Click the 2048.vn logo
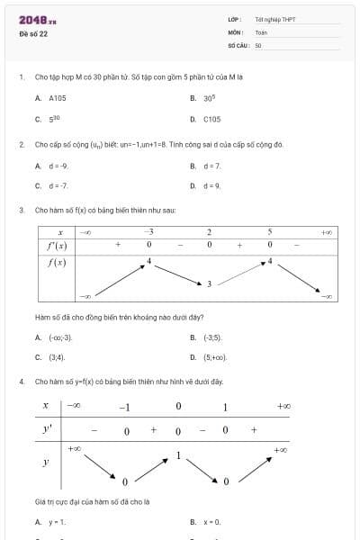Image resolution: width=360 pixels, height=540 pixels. [38, 20]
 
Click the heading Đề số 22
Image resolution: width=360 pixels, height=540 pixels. [33, 34]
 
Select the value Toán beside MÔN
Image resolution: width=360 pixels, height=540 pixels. [260, 32]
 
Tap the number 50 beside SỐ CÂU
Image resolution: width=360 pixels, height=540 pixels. [258, 44]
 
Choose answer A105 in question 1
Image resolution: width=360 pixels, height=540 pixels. [58, 97]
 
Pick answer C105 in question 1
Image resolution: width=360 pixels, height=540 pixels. [212, 119]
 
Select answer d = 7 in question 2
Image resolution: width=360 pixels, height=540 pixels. [212, 166]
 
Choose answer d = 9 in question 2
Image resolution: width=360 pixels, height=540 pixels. [212, 186]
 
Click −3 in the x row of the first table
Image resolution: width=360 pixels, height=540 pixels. [148, 231]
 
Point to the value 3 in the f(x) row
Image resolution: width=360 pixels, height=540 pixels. [210, 283]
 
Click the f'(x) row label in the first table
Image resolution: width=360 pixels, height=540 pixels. [57, 245]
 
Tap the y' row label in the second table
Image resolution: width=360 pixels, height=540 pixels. [47, 430]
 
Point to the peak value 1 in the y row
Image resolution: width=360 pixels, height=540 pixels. [178, 455]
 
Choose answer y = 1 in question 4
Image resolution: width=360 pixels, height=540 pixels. [57, 522]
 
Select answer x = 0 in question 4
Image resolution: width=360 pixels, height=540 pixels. [212, 522]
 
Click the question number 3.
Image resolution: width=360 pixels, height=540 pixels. [21, 210]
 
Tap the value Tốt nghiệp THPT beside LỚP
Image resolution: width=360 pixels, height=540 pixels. [275, 19]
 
